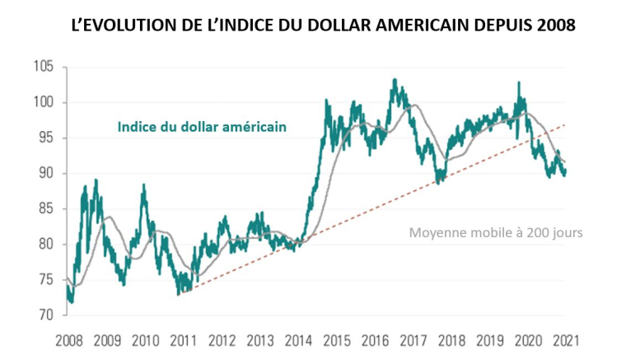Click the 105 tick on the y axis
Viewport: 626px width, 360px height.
(43, 67)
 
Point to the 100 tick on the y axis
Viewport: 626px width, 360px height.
(43, 102)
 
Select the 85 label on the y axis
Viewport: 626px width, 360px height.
(43, 208)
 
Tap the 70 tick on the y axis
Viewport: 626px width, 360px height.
(43, 315)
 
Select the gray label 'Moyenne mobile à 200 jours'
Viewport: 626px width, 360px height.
(496, 233)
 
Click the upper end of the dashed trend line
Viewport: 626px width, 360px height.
(565, 124)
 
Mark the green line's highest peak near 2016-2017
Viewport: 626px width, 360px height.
(395, 80)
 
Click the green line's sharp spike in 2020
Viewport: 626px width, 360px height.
(519, 82)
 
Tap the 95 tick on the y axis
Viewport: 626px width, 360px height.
(43, 138)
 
